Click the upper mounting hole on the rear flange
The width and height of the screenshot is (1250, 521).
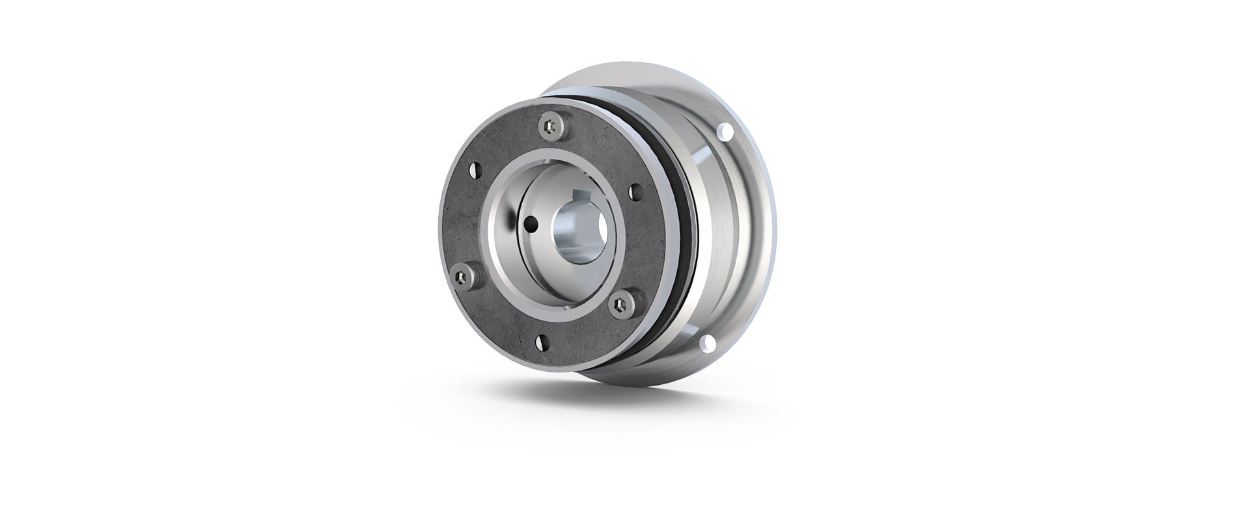coord(727,134)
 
